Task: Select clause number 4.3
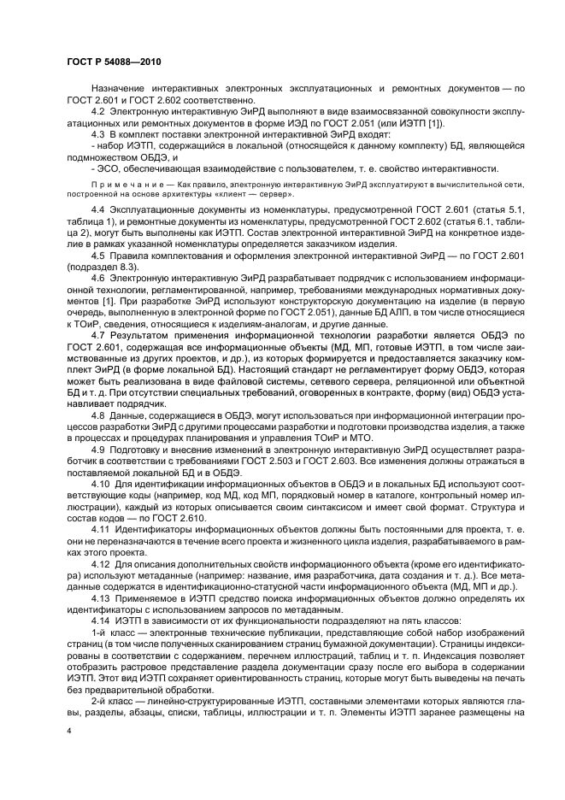[97, 135]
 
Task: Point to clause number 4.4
[97, 209]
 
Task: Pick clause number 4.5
[97, 254]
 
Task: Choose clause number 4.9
[97, 449]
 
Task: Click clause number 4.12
[100, 566]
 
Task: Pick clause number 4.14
[100, 621]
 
